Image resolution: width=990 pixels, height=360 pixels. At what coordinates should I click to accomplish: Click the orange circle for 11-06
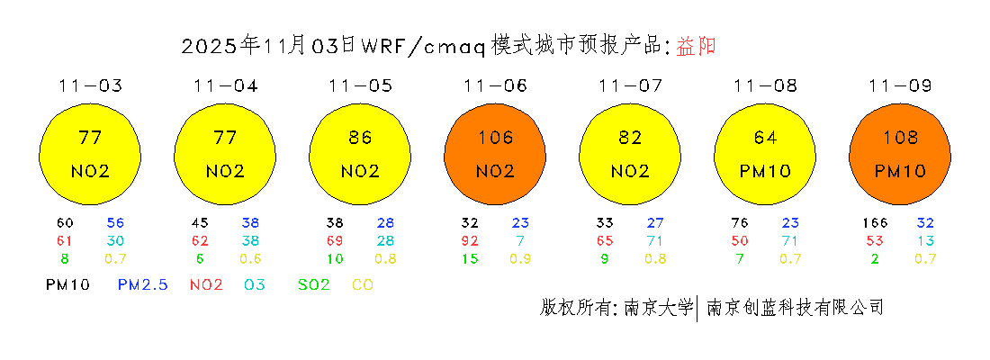(495, 153)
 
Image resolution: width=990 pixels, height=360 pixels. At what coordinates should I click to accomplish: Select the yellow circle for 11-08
(765, 153)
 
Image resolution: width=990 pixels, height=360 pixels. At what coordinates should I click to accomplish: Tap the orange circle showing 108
(900, 153)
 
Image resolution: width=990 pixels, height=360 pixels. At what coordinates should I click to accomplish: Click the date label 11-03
(90, 86)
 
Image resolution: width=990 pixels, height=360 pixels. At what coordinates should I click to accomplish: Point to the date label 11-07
(630, 86)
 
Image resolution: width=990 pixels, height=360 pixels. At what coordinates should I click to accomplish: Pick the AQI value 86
(360, 138)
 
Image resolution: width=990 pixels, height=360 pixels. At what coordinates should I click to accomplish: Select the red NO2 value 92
(469, 241)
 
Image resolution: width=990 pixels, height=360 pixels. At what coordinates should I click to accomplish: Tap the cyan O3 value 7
(520, 241)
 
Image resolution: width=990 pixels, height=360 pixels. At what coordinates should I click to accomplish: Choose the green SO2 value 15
(469, 259)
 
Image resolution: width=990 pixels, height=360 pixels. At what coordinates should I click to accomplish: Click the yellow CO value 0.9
(520, 259)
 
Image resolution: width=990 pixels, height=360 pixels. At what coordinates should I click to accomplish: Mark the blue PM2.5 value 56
(115, 223)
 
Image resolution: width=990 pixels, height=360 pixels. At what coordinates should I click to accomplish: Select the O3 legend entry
(254, 284)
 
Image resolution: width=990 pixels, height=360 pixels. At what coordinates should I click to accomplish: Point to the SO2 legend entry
(314, 284)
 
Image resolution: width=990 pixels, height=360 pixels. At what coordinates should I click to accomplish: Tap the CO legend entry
(363, 284)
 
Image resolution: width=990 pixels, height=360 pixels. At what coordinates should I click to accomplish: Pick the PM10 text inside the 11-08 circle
(765, 171)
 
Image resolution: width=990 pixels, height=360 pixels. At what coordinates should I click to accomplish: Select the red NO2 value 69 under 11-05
(334, 241)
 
